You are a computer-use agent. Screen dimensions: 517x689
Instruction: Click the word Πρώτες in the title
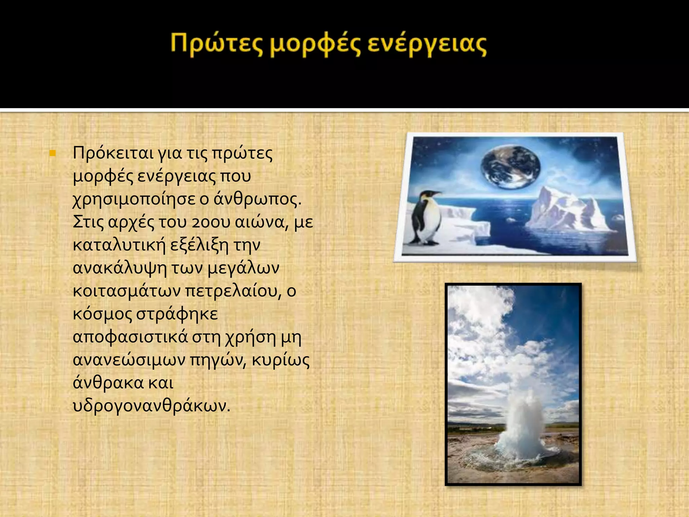[x=215, y=45]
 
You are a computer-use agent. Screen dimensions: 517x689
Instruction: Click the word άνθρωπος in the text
[x=257, y=199]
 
